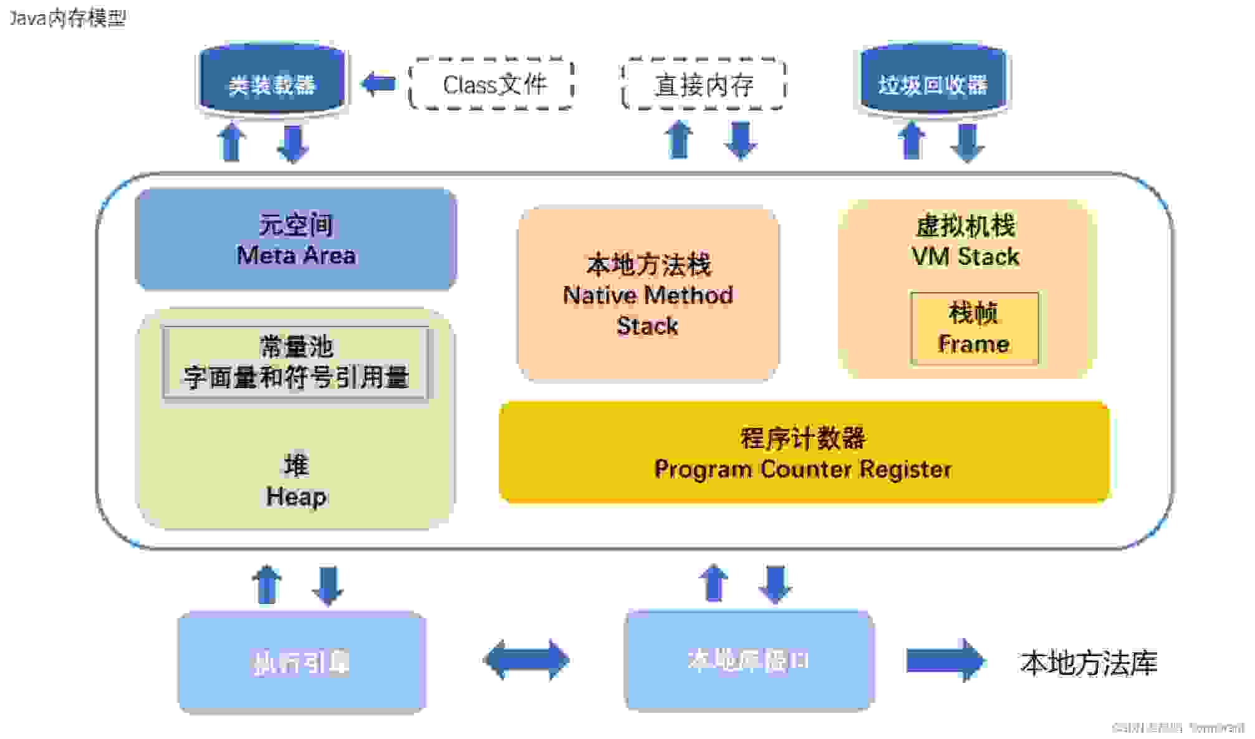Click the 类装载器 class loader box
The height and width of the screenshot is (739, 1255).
271,81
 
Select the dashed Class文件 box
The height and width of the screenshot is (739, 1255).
493,84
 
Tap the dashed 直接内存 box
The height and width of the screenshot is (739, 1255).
703,85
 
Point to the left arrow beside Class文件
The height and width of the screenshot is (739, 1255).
378,83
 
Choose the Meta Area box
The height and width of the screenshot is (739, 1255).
296,239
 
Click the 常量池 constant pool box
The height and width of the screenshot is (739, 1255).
296,362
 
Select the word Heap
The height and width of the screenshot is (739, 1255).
296,497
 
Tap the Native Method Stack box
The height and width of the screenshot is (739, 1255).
648,295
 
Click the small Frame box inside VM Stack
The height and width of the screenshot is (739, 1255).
974,329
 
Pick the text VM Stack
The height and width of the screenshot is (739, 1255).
965,257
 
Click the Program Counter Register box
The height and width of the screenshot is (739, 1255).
803,453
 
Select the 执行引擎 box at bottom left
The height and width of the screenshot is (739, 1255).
302,662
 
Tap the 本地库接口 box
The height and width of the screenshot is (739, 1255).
748,660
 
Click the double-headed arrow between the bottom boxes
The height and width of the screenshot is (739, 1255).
527,659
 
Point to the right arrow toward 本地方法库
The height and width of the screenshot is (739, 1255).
945,660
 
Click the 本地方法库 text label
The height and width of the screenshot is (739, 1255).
1088,662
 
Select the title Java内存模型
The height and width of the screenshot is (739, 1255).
67,17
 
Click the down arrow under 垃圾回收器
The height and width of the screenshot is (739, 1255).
967,143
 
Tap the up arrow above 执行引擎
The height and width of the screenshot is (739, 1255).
267,584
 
